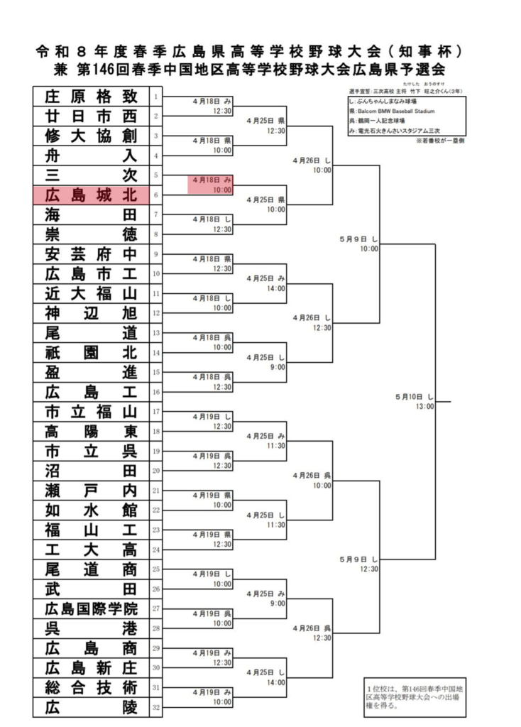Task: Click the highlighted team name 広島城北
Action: click(x=91, y=195)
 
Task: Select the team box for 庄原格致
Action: click(x=91, y=97)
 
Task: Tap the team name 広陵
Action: click(x=91, y=707)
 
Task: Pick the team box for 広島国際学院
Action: click(x=91, y=609)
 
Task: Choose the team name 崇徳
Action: click(x=91, y=234)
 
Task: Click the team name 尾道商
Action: click(x=91, y=569)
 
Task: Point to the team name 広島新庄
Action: click(x=91, y=668)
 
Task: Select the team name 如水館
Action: click(x=91, y=510)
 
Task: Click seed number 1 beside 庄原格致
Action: click(x=156, y=97)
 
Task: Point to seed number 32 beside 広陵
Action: click(x=156, y=707)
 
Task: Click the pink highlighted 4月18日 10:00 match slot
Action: click(x=211, y=185)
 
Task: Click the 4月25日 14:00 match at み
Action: click(x=266, y=283)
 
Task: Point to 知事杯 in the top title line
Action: click(x=426, y=51)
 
